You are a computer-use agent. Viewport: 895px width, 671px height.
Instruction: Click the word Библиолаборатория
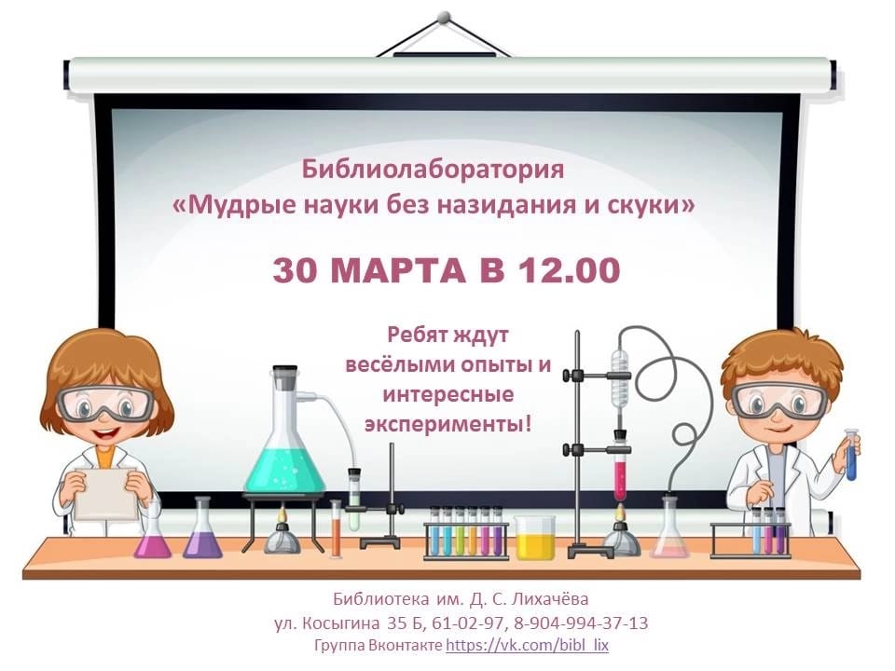click(x=433, y=170)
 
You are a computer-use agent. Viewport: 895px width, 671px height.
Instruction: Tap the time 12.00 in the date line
click(x=569, y=270)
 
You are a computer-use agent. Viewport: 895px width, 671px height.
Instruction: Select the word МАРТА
click(x=398, y=270)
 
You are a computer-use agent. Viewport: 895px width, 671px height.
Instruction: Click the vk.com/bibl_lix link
click(x=527, y=645)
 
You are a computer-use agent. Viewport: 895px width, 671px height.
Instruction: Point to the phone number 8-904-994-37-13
click(x=581, y=623)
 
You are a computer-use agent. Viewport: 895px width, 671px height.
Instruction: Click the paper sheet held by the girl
click(x=105, y=493)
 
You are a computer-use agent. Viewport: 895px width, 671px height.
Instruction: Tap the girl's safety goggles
click(x=106, y=403)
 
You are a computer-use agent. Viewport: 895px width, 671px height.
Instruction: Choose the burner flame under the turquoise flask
click(x=282, y=516)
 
